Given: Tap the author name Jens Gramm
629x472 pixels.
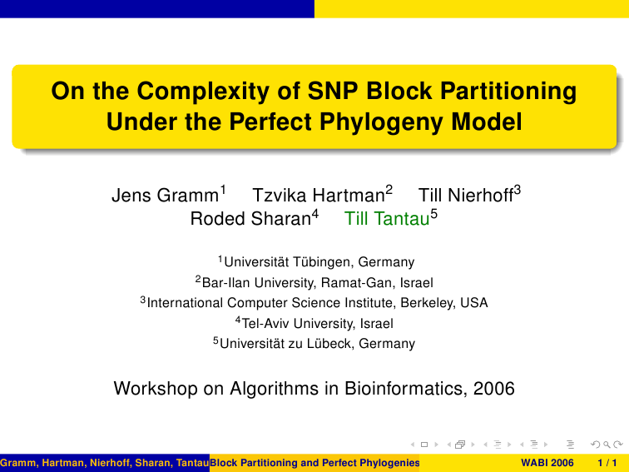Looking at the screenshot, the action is (x=165, y=196).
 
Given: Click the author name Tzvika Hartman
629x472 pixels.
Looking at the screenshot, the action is (x=319, y=196).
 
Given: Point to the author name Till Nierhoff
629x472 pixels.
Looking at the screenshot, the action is (x=466, y=196).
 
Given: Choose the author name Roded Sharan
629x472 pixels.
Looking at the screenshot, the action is (x=250, y=219).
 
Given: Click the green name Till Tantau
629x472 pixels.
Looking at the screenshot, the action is (x=387, y=219).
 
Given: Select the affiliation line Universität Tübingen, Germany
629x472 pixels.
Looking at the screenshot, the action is (x=319, y=262).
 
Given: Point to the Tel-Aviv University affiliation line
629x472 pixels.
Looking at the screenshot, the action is (x=317, y=323).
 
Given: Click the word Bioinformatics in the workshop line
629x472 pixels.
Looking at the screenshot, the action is (x=405, y=389).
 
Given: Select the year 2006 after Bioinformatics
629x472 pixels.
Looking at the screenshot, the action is (x=494, y=389).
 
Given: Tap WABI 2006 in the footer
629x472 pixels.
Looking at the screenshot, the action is (x=547, y=463).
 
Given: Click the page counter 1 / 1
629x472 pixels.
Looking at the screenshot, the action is (x=607, y=463).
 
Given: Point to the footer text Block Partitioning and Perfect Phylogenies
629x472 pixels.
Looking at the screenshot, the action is (x=314, y=463).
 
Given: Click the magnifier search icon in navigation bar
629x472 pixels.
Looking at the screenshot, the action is (x=607, y=445).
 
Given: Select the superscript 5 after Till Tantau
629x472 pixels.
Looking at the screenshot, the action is (x=434, y=213).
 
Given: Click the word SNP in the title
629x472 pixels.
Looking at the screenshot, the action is (x=333, y=91).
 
